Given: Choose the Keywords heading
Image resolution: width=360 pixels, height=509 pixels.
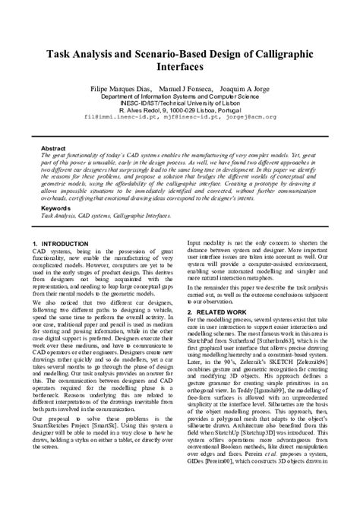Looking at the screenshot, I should click(x=55, y=207).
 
